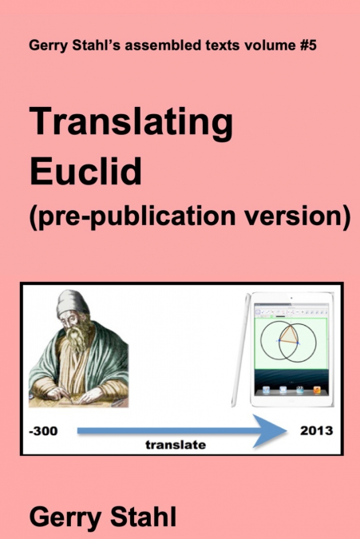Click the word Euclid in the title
85,170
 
